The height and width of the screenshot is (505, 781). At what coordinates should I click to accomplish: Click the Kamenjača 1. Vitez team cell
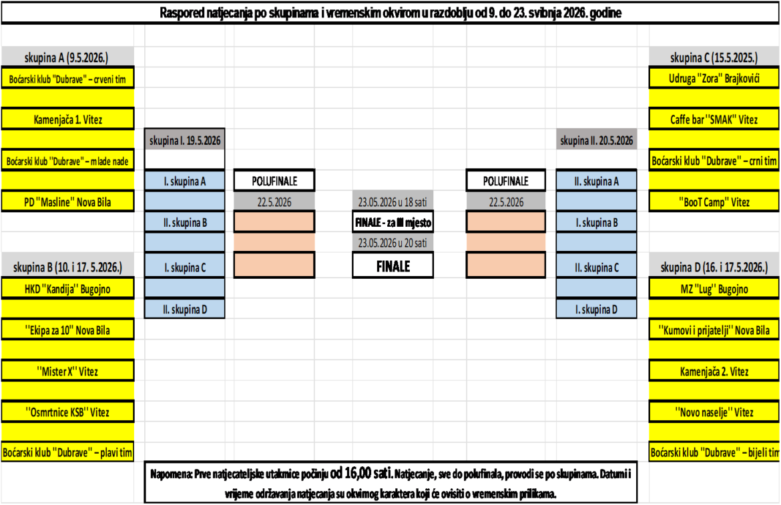coord(67,119)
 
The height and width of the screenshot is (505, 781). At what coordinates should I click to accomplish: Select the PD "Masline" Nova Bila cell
coord(67,202)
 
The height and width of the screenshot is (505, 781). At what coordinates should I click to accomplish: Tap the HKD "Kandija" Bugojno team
coord(67,289)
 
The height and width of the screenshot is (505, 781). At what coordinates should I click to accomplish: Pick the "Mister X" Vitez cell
coord(67,371)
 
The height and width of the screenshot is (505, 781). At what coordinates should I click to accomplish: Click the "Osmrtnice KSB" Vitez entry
coord(67,412)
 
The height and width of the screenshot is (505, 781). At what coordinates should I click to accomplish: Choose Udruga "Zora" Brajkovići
coord(714,78)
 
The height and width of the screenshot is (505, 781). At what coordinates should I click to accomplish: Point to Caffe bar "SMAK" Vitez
coord(714,119)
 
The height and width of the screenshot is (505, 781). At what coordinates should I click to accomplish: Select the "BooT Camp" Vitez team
coord(714,202)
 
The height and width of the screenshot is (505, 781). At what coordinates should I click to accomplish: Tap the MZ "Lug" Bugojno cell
coord(714,289)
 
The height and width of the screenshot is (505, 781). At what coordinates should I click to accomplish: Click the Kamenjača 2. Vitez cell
coord(714,371)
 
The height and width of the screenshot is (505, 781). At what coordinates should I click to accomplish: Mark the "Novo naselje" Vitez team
coord(714,412)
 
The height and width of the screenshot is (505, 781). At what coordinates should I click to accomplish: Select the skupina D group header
coord(714,268)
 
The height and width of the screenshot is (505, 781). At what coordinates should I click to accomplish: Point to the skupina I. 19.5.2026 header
coord(185,140)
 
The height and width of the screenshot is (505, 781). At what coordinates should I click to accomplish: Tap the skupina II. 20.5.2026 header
coord(596,140)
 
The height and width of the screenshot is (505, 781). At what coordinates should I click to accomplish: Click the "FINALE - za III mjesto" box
coord(393,222)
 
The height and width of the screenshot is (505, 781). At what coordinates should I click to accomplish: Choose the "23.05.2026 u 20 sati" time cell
coord(393,243)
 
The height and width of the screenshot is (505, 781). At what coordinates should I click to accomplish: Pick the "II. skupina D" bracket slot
coord(185,309)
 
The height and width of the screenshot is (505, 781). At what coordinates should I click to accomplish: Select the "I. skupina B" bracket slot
coord(596,222)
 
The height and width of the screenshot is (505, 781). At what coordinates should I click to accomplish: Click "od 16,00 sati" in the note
coord(361,473)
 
